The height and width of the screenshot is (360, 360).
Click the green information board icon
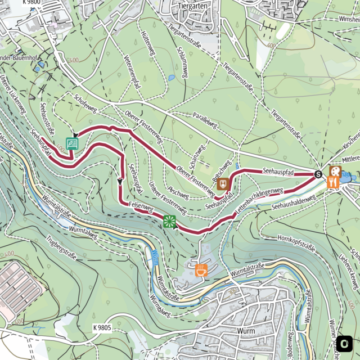(72, 143)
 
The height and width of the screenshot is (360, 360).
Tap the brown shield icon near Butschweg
(223, 184)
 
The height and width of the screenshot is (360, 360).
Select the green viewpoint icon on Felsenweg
(169, 221)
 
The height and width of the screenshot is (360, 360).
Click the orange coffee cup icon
(201, 270)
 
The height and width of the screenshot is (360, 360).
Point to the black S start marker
(318, 174)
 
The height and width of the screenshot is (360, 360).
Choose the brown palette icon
(335, 170)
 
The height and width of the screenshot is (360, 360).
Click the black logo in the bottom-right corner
(345, 343)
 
